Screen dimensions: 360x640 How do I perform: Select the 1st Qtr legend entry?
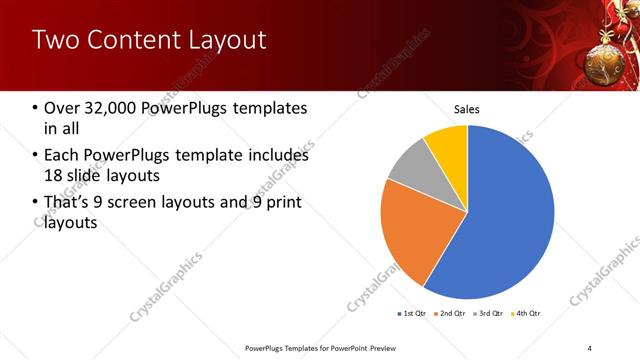pos(412,313)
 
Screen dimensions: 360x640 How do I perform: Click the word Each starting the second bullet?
pos(61,156)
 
